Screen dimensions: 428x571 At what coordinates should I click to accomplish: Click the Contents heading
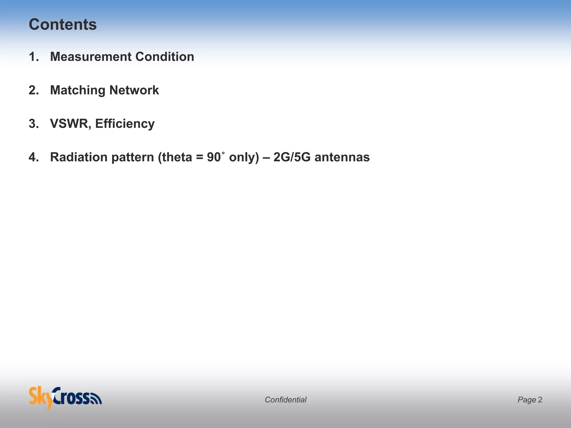(x=63, y=25)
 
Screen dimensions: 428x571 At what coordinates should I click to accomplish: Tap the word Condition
(x=165, y=57)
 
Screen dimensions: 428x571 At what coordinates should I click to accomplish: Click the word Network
(x=134, y=90)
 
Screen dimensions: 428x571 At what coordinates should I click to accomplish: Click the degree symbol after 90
(x=223, y=153)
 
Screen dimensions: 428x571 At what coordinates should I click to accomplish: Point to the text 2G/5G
(x=292, y=157)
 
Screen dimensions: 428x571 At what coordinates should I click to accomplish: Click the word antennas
(x=342, y=157)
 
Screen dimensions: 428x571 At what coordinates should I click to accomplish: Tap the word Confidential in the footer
(x=285, y=400)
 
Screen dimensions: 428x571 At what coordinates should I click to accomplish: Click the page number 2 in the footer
(x=540, y=400)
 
